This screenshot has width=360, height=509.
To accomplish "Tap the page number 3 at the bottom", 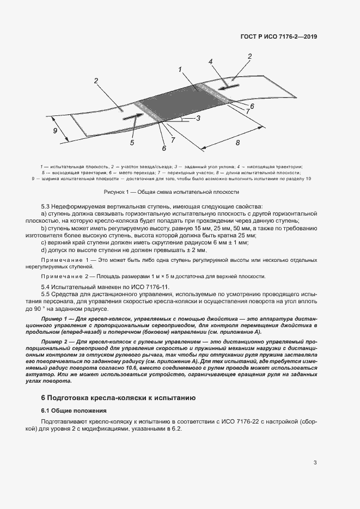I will point(315,463).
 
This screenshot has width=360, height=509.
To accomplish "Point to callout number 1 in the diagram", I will point(179,69).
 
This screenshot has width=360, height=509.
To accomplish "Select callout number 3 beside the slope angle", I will point(198,118).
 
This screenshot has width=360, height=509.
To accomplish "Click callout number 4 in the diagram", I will point(210,62).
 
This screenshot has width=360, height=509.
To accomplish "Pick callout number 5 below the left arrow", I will point(132,143).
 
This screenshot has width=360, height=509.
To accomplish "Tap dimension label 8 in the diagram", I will point(237,143).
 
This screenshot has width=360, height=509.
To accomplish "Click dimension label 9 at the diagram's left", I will point(55,131).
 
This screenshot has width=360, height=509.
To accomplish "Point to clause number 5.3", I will point(46,206).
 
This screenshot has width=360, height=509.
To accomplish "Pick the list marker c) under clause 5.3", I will point(44,242).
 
